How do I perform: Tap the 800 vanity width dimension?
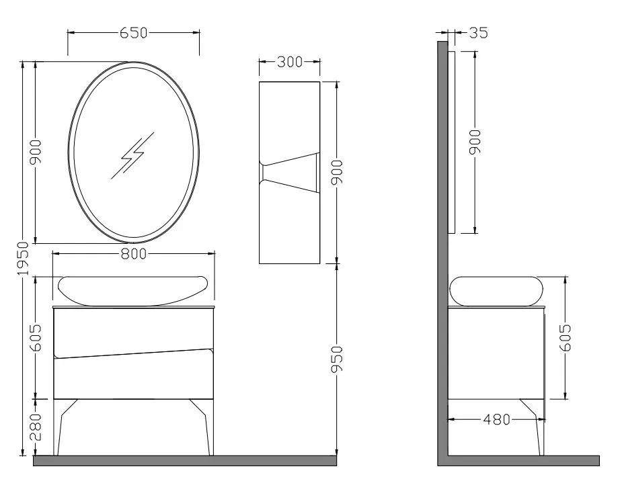pyautogui.click(x=134, y=253)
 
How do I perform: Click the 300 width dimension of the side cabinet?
pyautogui.click(x=289, y=62)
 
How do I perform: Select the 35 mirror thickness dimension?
pyautogui.click(x=478, y=32)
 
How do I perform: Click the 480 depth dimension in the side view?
pyautogui.click(x=496, y=420)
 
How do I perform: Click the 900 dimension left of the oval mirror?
pyautogui.click(x=35, y=153)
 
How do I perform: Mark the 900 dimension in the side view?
pyautogui.click(x=475, y=142)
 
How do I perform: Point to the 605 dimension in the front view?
pyautogui.click(x=35, y=337)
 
